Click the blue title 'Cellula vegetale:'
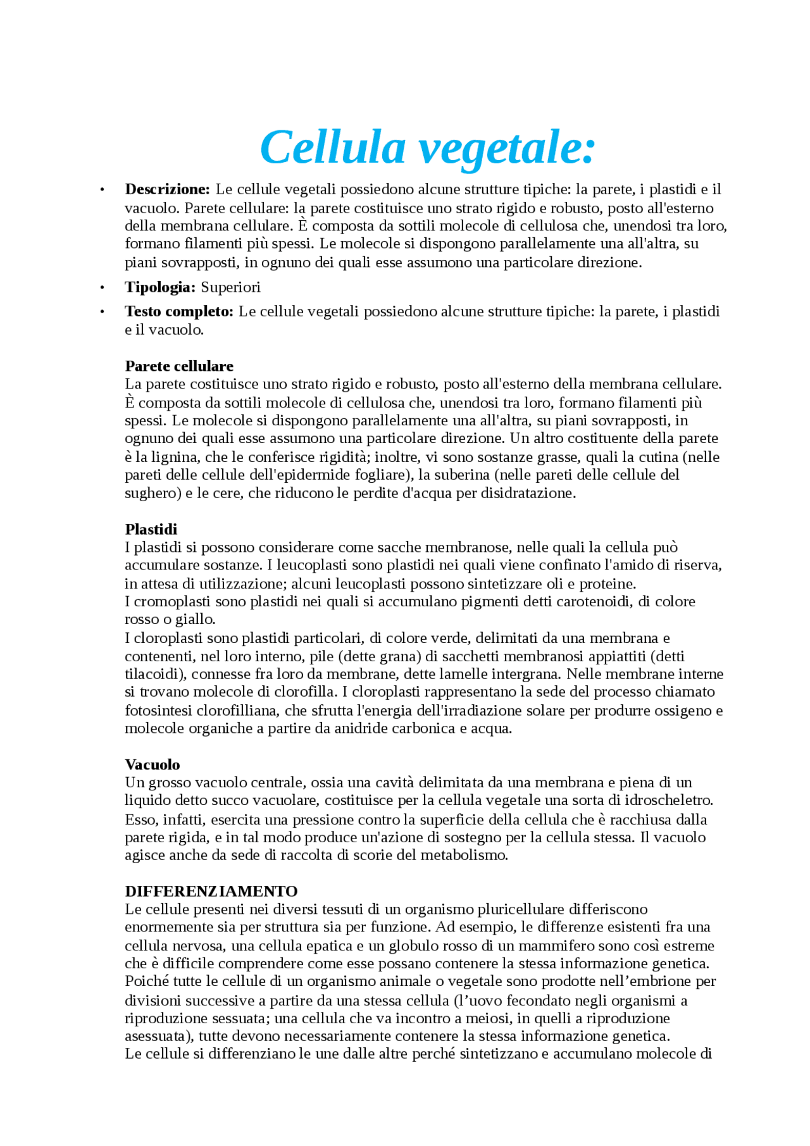tap(428, 147)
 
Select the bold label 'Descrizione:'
tap(167, 189)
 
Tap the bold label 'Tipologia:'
tap(160, 287)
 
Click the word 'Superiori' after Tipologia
tap(230, 287)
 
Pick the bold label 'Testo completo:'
tap(179, 311)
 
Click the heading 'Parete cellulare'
tap(179, 366)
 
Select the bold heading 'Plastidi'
tap(151, 529)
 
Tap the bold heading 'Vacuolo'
tap(153, 764)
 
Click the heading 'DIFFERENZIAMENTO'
tap(211, 891)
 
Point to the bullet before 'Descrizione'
tap(101, 190)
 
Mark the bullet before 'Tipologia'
tap(101, 288)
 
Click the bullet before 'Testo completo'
tap(101, 312)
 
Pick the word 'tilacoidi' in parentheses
tap(153, 674)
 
